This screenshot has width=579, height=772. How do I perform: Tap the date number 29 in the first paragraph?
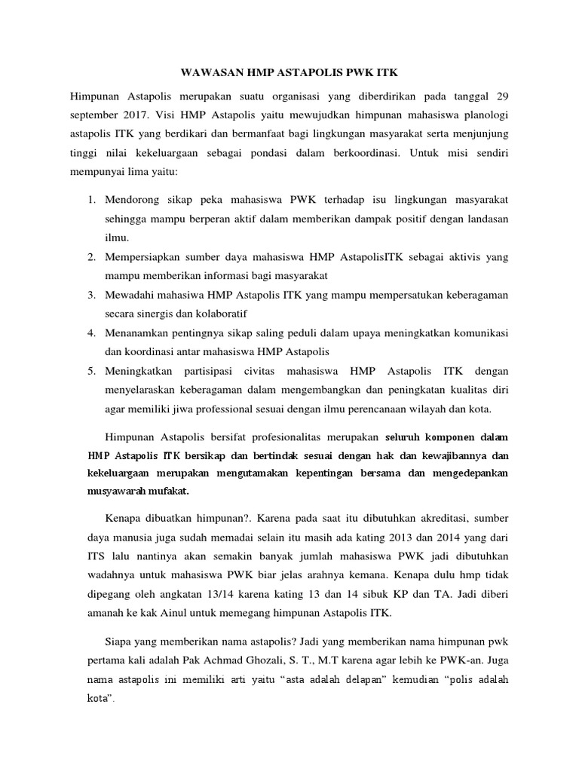[x=502, y=96]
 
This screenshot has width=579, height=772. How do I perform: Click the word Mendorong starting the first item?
[x=132, y=200]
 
